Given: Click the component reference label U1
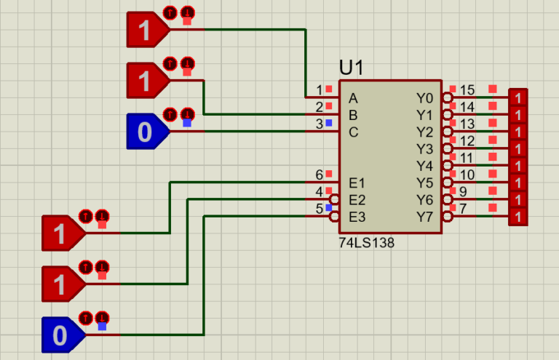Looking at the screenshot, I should coord(352,68).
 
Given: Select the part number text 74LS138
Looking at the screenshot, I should coord(366,244).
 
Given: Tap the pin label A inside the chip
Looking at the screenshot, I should coord(353,98).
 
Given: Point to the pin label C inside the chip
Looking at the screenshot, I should coord(353,132).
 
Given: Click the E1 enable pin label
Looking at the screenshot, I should coord(357,183).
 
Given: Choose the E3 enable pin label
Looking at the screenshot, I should coord(357,217).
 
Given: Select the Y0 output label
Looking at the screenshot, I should coord(424,98).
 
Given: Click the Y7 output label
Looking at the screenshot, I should coord(424,217).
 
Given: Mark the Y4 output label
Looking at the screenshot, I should coord(424,166).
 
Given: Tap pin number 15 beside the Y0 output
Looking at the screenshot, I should coord(467,91).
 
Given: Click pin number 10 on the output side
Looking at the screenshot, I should coord(467,175).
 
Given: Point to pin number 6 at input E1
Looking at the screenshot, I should coord(319,175).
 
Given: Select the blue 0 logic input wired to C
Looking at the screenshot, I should coord(146,132).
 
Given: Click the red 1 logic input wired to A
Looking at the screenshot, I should coord(146,30).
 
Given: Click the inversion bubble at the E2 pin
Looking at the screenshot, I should coord(335,200).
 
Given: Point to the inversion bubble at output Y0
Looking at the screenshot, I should coord(447,98).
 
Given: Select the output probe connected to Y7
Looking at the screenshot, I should coord(518,217).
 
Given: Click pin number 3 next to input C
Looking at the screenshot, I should coord(319,124).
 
